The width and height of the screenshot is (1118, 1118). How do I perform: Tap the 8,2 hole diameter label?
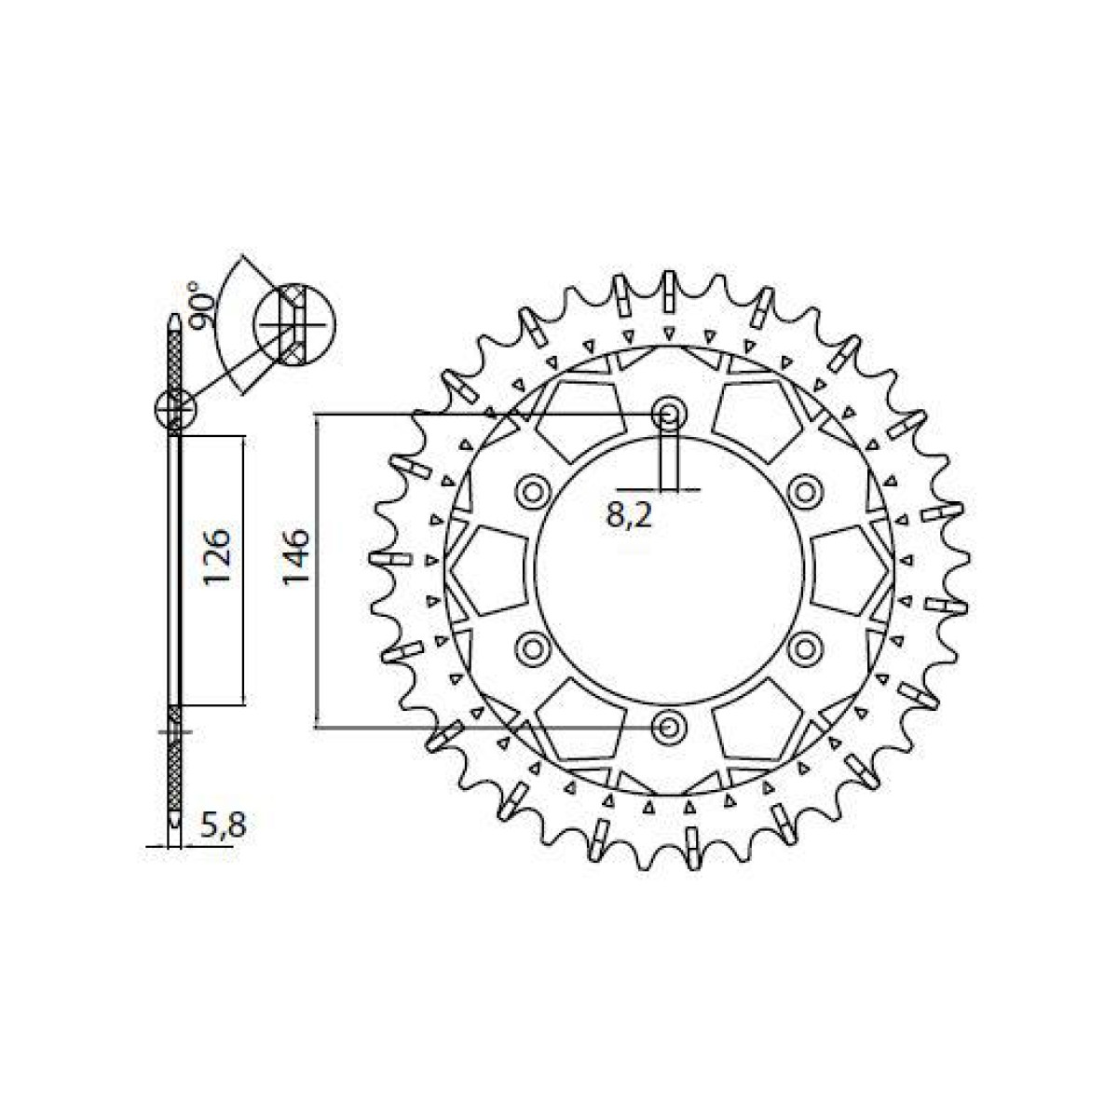(629, 515)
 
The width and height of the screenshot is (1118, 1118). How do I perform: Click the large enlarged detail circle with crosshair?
(294, 324)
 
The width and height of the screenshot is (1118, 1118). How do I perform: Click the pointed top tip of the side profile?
(174, 320)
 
